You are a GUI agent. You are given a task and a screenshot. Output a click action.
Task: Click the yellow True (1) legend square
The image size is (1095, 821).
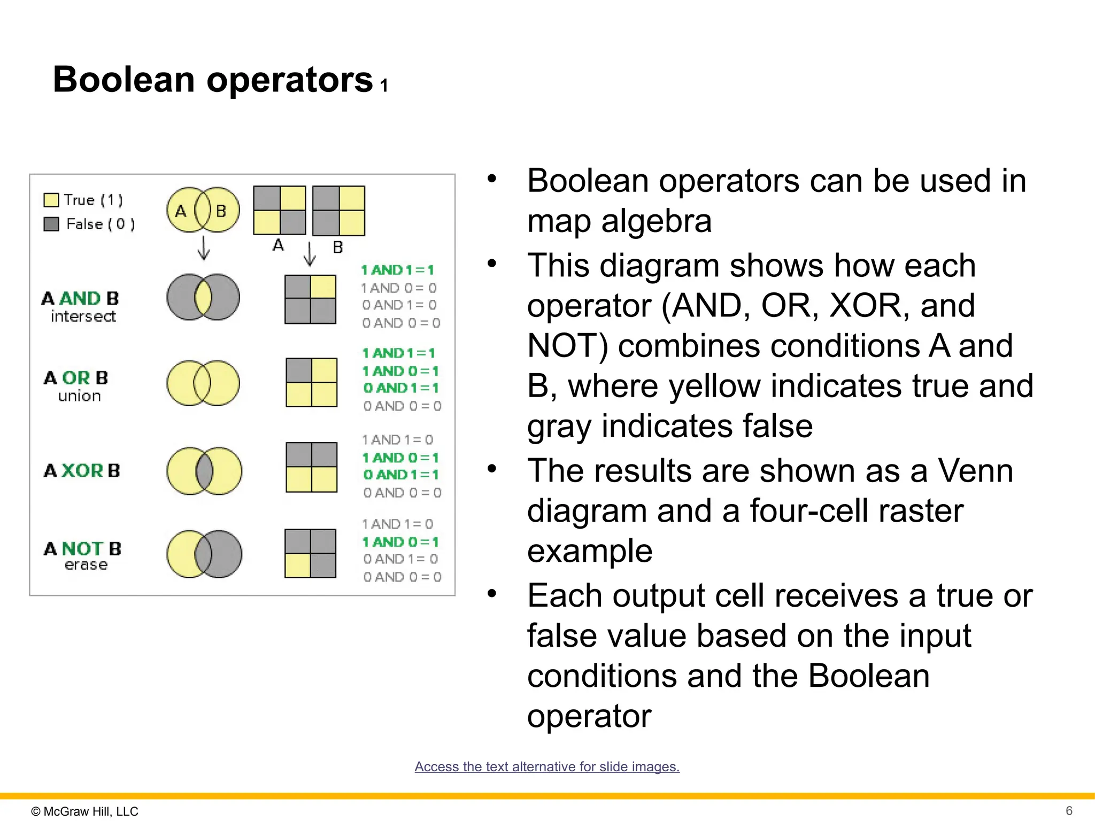[x=51, y=200]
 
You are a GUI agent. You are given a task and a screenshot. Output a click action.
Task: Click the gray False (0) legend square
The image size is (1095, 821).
[x=51, y=224]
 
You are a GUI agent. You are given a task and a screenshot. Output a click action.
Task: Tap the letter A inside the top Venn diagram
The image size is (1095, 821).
[x=181, y=211]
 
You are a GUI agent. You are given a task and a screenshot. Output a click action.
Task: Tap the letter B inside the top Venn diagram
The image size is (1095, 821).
[x=221, y=211]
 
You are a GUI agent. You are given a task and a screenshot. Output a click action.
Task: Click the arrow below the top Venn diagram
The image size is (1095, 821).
[x=203, y=248]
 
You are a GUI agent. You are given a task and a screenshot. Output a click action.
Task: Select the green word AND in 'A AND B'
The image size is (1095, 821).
[x=80, y=298]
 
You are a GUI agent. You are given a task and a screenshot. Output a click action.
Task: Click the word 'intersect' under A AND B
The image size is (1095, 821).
[x=83, y=316]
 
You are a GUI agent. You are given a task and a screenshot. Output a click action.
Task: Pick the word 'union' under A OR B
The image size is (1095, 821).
[x=79, y=396]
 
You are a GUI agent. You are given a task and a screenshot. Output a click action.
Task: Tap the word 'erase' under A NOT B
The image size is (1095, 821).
[x=86, y=565]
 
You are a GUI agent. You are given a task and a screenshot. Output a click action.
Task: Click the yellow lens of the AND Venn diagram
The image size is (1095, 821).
[x=203, y=297]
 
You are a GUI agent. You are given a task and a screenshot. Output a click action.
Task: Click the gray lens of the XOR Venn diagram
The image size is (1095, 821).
[x=204, y=471]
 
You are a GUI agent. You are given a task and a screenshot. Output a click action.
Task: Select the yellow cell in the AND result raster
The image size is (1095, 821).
[x=323, y=287]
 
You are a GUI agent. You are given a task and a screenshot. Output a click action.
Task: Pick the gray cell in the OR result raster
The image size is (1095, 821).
[x=299, y=370]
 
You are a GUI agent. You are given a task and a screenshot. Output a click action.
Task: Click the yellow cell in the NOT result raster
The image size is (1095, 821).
[x=297, y=566]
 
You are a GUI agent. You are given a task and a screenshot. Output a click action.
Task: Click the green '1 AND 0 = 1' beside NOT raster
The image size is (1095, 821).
[x=400, y=542]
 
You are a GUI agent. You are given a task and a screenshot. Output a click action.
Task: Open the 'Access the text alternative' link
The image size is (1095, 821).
[x=547, y=766]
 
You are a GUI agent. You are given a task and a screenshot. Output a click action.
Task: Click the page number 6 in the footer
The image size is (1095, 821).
[x=1069, y=810]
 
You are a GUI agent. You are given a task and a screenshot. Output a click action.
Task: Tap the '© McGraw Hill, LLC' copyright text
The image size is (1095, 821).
[x=84, y=811]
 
